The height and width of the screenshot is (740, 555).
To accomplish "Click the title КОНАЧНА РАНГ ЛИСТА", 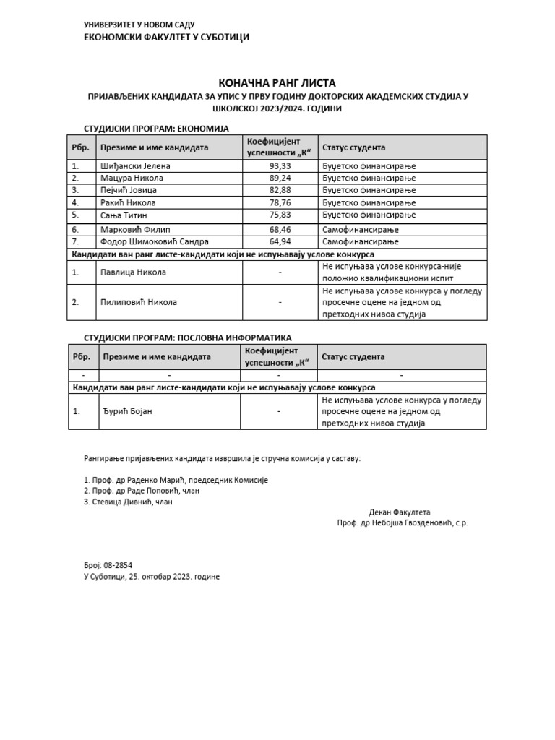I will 277,83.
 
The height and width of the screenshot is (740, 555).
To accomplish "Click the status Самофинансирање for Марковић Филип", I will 361,229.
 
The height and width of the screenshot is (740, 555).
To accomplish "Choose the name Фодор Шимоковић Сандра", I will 154,241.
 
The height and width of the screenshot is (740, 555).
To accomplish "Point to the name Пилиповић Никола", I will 138,302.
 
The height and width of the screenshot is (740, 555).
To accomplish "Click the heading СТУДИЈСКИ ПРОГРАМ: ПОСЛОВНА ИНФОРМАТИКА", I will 189,337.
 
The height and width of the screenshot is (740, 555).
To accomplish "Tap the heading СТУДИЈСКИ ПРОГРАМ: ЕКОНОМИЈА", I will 156,128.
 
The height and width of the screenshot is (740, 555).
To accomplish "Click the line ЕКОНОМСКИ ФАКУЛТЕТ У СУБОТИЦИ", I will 167,38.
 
